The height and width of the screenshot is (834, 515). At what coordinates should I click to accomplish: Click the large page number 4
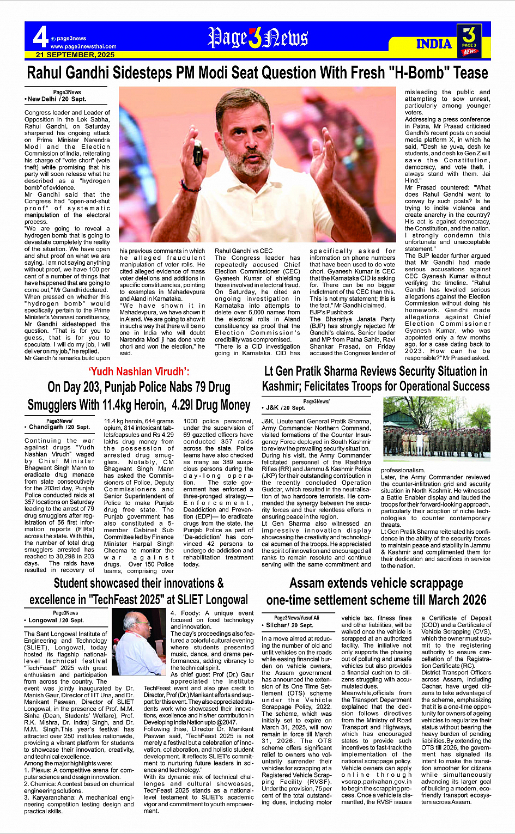(40, 37)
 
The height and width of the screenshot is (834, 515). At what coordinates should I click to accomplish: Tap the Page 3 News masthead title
(258, 38)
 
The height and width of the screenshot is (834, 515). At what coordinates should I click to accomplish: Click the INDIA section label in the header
(434, 44)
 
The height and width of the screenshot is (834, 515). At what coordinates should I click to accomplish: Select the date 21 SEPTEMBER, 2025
(75, 55)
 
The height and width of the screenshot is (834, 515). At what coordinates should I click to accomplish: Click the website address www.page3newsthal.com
(83, 47)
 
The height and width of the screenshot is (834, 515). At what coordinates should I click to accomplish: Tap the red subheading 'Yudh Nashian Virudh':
(139, 372)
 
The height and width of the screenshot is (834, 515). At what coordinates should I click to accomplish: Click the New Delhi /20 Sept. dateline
(56, 99)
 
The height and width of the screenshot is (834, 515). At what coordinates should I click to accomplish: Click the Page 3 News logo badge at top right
(470, 40)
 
